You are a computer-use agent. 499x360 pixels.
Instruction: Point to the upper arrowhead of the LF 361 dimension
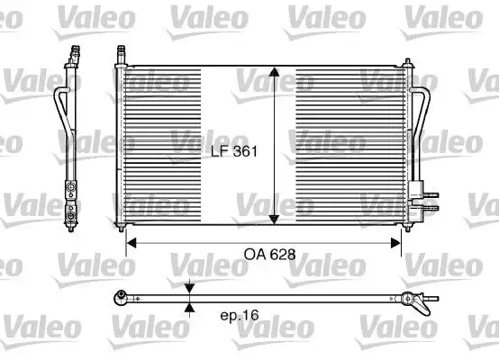click(x=276, y=73)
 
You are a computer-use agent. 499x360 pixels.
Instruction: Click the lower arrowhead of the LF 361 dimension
click(x=276, y=220)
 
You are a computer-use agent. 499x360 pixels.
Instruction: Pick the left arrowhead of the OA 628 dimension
click(x=131, y=241)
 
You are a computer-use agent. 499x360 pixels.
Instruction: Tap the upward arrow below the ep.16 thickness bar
click(x=189, y=307)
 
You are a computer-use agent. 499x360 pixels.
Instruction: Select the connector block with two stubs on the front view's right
click(x=418, y=192)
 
